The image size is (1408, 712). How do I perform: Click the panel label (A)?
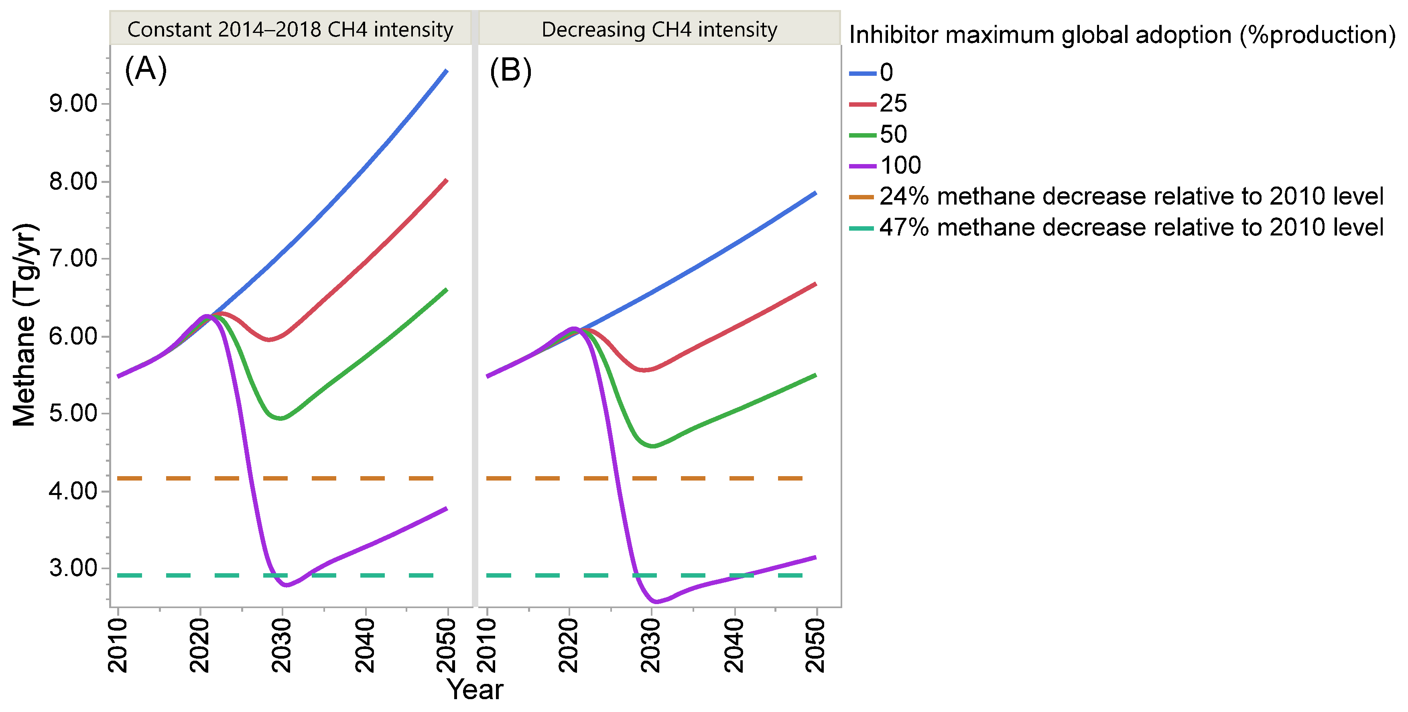[145, 70]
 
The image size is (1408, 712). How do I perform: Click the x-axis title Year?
[474, 690]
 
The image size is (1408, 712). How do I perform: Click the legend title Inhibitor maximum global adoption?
[1122, 35]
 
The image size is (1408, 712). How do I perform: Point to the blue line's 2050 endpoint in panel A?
[447, 71]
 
